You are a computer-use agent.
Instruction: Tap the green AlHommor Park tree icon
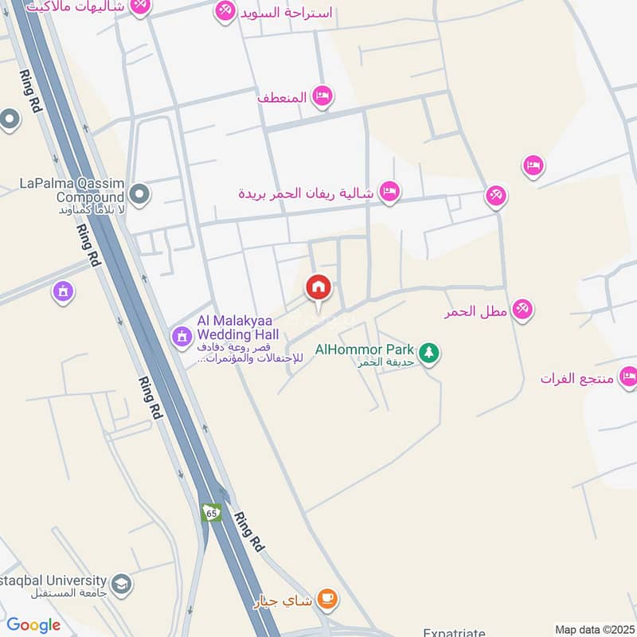tap(429, 351)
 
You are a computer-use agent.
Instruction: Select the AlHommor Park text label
tap(365, 350)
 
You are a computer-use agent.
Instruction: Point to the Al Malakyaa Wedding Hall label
tap(237, 328)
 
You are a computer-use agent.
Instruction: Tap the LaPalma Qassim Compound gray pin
tap(139, 193)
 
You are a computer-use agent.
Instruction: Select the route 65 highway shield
tap(211, 514)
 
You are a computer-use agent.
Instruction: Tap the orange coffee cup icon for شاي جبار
tap(326, 598)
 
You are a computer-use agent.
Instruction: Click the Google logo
tap(33, 625)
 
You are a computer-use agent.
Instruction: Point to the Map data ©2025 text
tap(593, 629)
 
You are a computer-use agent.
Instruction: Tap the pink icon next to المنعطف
tap(322, 96)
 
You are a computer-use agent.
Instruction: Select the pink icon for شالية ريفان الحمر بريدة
tap(389, 191)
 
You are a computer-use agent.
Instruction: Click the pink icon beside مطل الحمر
tap(522, 309)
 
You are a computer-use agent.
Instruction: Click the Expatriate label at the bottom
tap(454, 632)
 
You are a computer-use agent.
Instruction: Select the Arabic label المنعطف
tap(282, 97)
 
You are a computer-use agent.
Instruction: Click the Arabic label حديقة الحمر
tap(365, 363)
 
